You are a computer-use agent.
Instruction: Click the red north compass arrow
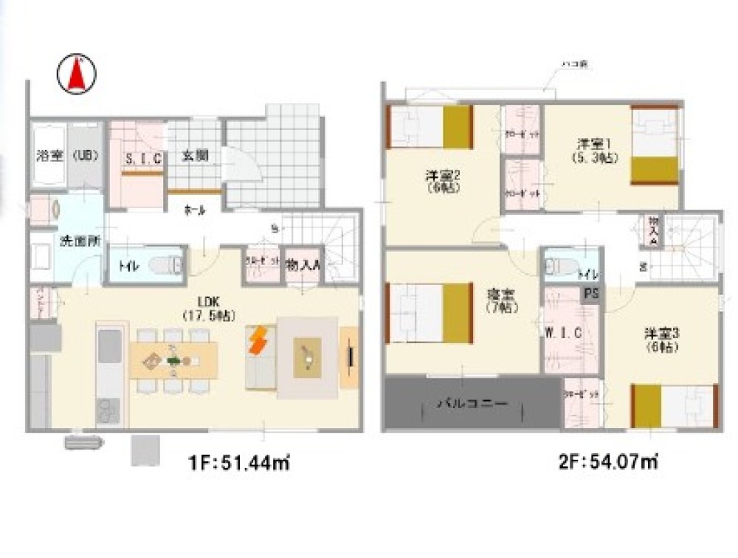click(77, 75)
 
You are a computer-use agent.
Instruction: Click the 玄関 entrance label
click(195, 156)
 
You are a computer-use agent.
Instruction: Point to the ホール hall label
click(195, 210)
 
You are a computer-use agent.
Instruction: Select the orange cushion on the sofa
click(258, 342)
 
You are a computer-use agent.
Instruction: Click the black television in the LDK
click(351, 357)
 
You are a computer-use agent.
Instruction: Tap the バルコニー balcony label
click(470, 404)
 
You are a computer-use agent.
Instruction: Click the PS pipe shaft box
click(592, 293)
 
